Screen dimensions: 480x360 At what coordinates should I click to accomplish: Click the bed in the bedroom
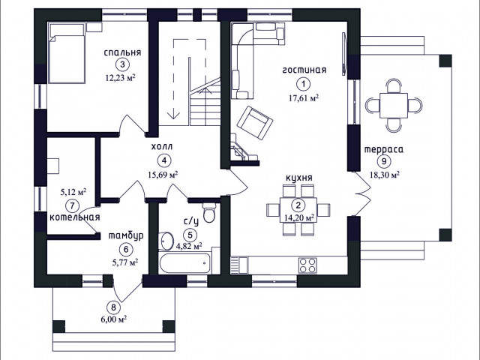tap(67, 53)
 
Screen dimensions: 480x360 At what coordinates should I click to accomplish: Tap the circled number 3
tap(122, 64)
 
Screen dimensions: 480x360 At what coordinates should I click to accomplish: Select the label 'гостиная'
tap(304, 70)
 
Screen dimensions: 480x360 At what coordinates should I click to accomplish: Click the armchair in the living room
tap(255, 122)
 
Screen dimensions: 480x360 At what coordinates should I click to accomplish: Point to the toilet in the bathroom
tap(209, 212)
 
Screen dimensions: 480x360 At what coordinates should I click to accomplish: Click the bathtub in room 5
tap(185, 263)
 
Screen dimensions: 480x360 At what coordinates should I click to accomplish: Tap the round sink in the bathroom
tap(166, 241)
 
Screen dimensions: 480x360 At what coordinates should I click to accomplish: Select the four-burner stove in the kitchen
tap(307, 265)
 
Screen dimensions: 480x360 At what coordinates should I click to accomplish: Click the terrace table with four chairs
tap(393, 105)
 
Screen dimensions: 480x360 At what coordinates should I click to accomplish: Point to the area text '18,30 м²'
tap(385, 175)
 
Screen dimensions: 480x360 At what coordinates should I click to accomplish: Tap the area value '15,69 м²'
tap(163, 175)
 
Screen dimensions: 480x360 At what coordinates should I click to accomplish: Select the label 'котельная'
tap(75, 217)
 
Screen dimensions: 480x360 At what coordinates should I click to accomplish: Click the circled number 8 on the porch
tap(113, 307)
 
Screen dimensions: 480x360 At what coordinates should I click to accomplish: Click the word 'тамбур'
tap(126, 236)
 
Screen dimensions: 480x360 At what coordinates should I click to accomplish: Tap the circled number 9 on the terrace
tap(384, 160)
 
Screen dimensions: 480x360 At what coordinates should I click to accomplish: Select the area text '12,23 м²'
tap(120, 78)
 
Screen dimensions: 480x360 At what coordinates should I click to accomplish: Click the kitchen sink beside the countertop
tap(239, 265)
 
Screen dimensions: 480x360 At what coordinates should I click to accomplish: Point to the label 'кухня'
tap(299, 178)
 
